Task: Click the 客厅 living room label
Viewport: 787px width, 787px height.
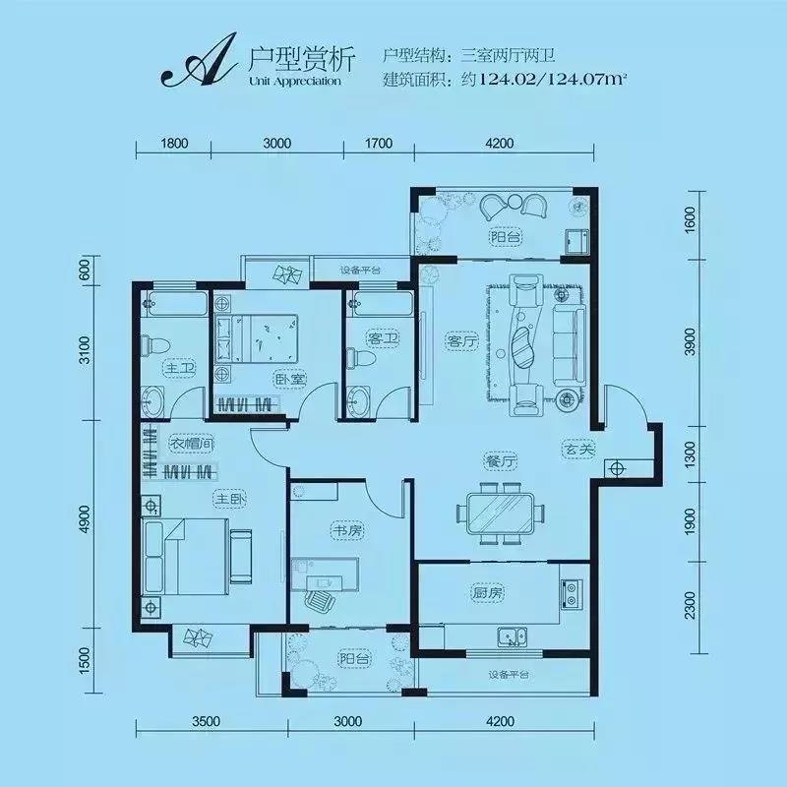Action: coord(461,341)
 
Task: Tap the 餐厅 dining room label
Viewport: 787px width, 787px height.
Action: coord(500,461)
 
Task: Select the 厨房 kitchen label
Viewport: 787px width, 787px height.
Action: coord(487,593)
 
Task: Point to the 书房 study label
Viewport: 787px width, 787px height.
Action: coord(348,530)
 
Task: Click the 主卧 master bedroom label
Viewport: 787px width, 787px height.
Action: coord(230,499)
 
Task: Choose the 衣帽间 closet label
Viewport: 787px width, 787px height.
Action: coord(191,444)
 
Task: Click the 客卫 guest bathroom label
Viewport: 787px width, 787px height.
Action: coord(383,338)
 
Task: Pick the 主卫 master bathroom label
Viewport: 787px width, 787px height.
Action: coord(180,368)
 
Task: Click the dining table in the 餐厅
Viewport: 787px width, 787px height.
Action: coord(501,514)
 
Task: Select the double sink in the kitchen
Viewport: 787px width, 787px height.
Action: coord(513,636)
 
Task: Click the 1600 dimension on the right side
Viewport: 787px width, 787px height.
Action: coord(691,218)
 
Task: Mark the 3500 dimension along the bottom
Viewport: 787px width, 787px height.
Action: coord(206,721)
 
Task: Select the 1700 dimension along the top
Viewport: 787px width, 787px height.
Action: coord(379,144)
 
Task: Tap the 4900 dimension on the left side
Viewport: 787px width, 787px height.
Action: coord(87,519)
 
